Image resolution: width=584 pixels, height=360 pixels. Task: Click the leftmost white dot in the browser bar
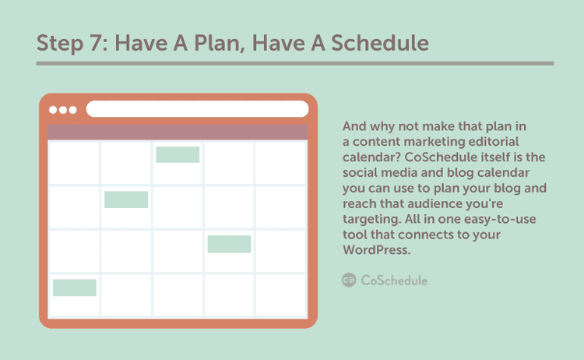point(53,110)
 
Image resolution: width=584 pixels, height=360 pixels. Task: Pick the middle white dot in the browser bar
point(63,110)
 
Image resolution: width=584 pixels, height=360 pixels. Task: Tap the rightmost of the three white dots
point(73,110)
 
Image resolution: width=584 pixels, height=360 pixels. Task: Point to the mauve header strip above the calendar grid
point(178,132)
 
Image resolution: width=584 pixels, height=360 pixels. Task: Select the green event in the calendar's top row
point(178,154)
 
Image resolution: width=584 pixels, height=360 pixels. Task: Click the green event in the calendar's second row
point(126,199)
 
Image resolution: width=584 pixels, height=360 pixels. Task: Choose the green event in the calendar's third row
point(229,244)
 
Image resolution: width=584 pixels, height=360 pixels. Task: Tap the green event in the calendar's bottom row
point(75,288)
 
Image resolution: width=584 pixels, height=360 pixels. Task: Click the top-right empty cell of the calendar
point(281,163)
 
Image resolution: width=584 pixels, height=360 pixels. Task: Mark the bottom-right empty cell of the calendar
point(281,295)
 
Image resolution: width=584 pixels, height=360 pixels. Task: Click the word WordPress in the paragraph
point(375,249)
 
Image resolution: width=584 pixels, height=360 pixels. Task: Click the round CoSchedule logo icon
point(349,280)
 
